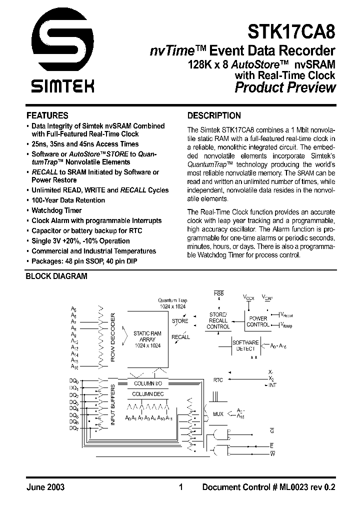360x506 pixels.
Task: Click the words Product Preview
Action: click(x=285, y=87)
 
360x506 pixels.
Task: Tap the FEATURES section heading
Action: click(x=47, y=115)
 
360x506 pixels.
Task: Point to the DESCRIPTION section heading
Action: click(x=213, y=115)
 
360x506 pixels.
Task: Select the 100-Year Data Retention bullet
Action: click(x=68, y=200)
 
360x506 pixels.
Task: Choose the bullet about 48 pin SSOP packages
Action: click(x=84, y=261)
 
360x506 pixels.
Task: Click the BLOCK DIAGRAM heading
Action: click(x=56, y=275)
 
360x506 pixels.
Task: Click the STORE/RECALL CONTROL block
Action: click(x=218, y=320)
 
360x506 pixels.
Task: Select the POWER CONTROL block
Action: click(x=258, y=321)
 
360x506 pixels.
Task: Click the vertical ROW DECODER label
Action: click(x=113, y=337)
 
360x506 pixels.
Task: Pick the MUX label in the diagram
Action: click(x=218, y=414)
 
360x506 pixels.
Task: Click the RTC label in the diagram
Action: click(x=218, y=380)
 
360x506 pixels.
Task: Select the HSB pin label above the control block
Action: click(x=218, y=292)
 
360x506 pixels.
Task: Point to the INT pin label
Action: click(x=272, y=385)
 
